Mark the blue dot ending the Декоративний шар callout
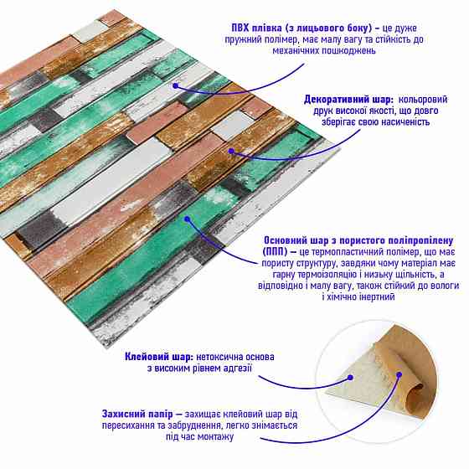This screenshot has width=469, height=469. click(231, 151)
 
